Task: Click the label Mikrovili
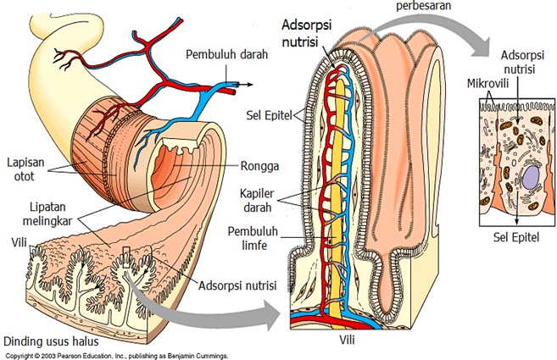pyautogui.click(x=488, y=85)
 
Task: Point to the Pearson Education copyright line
pyautogui.click(x=114, y=356)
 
